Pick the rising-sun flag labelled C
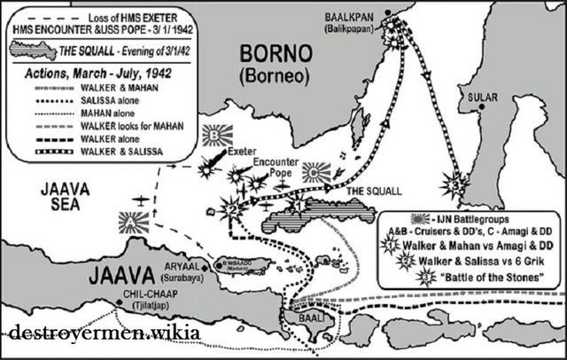coord(315,172)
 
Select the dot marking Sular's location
coord(481,106)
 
